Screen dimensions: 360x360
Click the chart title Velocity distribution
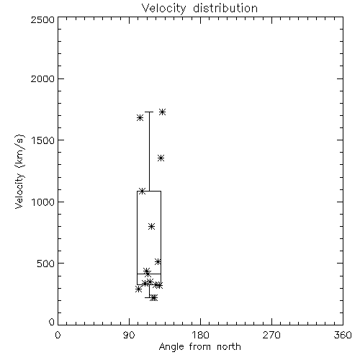[x=199, y=8]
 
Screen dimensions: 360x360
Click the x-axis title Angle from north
[x=199, y=346]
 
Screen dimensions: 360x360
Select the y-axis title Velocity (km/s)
[x=19, y=171]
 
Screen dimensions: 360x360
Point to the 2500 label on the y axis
[x=43, y=19]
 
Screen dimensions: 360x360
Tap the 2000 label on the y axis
[x=43, y=78]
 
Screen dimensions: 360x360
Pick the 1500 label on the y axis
[x=43, y=140]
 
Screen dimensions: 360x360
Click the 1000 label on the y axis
[x=43, y=202]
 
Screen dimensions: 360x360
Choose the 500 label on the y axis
[x=46, y=264]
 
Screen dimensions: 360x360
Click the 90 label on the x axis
[x=129, y=335]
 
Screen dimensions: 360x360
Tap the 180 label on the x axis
[x=200, y=335]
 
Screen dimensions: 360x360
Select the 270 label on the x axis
[x=271, y=335]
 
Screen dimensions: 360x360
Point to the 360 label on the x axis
[x=343, y=335]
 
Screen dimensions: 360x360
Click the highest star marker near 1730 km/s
[x=163, y=112]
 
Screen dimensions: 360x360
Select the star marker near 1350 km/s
[x=161, y=158]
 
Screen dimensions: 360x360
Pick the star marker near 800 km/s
[x=151, y=226]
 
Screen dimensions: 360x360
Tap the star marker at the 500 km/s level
[x=158, y=261]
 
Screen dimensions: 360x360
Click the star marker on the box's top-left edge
[x=142, y=191]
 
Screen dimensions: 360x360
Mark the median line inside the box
[x=149, y=274]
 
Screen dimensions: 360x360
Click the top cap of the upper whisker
[x=149, y=112]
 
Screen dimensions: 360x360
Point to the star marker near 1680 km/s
[x=140, y=118]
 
